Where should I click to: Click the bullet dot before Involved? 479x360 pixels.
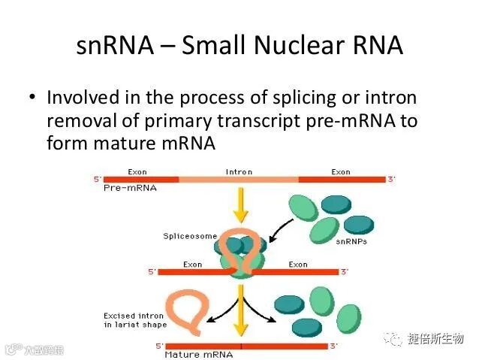coord(32,98)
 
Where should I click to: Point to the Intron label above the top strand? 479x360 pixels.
coord(239,172)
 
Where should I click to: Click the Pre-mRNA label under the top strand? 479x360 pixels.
coord(130,189)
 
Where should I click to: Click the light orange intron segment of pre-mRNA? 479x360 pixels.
coord(239,180)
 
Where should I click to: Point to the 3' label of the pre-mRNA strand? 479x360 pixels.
coord(391,179)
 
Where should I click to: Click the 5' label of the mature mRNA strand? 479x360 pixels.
coord(159,346)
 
